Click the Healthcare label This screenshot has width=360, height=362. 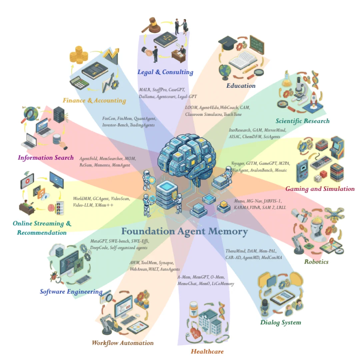point(207,351)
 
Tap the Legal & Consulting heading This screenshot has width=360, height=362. point(165,72)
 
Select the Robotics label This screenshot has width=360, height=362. point(316,262)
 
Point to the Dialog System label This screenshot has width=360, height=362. point(280,322)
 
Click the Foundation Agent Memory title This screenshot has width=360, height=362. point(184,231)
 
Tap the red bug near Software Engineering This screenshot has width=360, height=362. point(53,276)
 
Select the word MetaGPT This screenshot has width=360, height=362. point(98,241)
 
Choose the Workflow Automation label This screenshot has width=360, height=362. point(122,343)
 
